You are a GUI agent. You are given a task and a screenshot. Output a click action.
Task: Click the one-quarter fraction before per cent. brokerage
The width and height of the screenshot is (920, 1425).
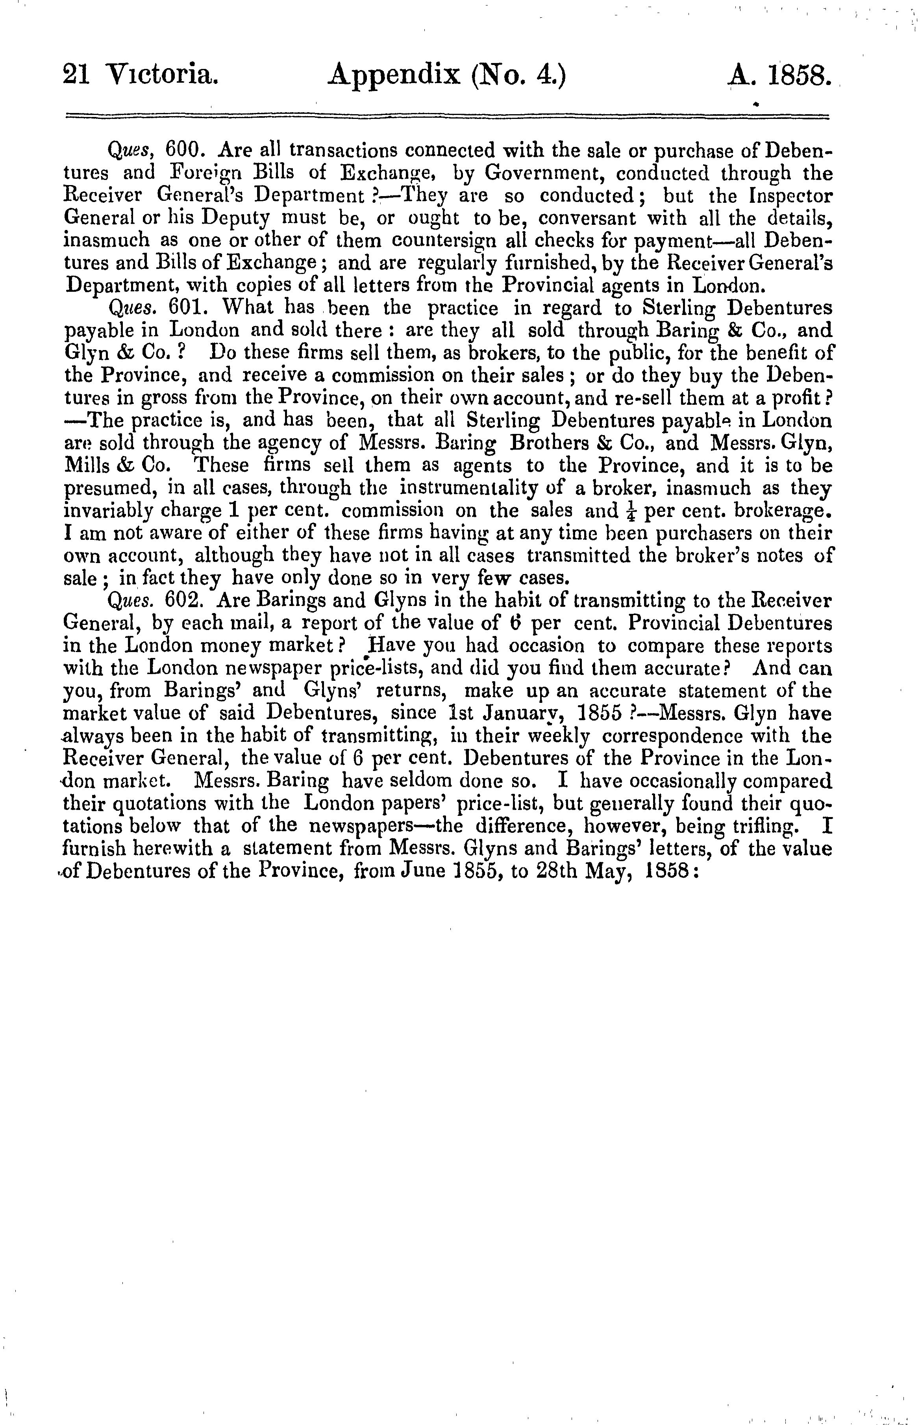[631, 511]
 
